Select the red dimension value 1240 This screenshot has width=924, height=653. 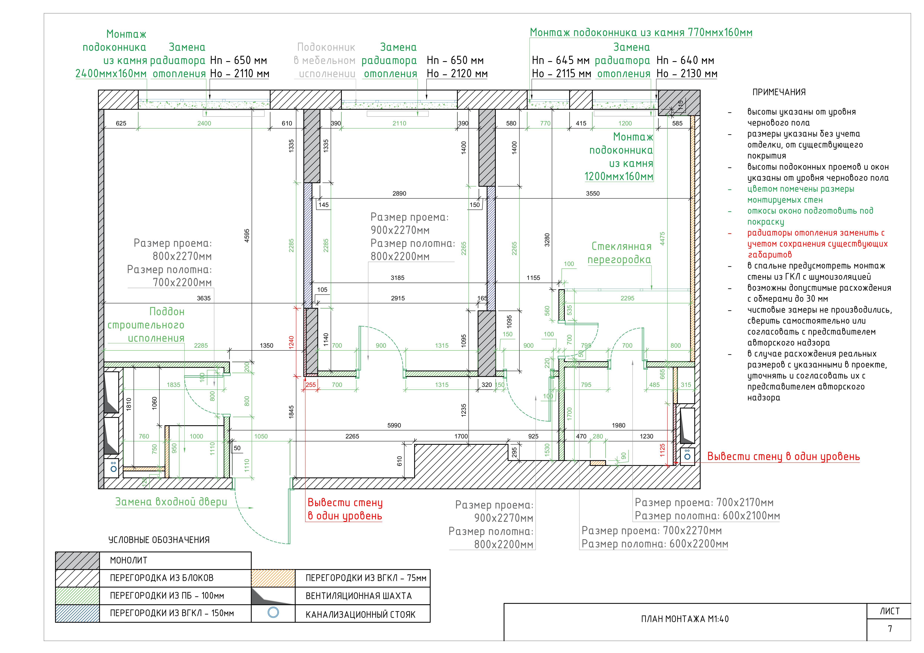pyautogui.click(x=291, y=342)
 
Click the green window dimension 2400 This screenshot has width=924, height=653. pyautogui.click(x=204, y=124)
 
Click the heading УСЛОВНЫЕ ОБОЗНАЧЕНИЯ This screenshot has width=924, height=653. pyautogui.click(x=159, y=540)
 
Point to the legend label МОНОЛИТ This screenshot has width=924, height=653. pyautogui.click(x=128, y=561)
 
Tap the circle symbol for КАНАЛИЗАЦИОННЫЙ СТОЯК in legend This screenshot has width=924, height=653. pyautogui.click(x=273, y=613)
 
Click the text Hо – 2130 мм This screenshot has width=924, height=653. pyautogui.click(x=687, y=74)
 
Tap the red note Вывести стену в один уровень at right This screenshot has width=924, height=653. pyautogui.click(x=783, y=457)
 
